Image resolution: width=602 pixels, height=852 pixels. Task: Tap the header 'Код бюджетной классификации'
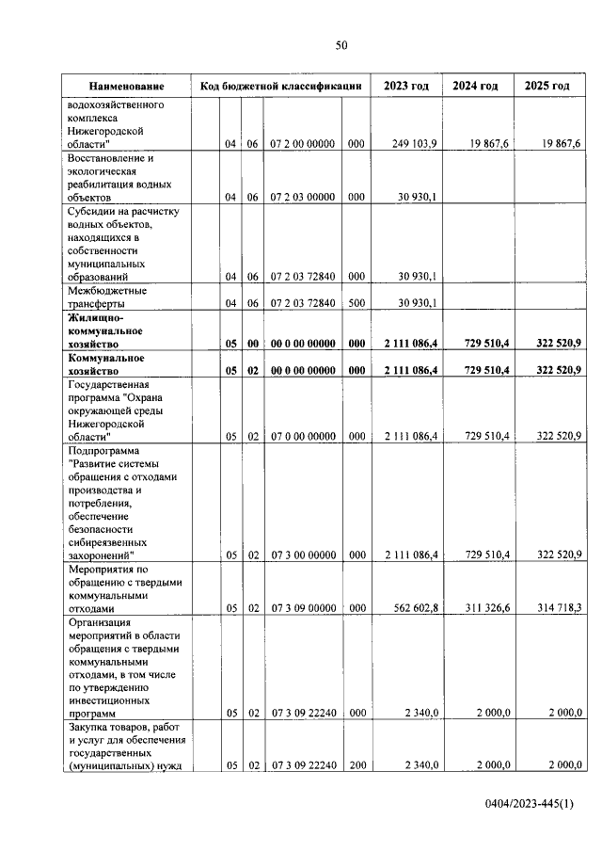[x=281, y=87]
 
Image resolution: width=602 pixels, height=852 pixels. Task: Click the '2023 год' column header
[x=406, y=87]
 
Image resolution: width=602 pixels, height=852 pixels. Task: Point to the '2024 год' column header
[x=475, y=87]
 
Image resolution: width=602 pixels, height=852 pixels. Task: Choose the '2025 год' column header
[x=547, y=87]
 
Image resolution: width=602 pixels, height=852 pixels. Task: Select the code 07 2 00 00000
[x=302, y=143]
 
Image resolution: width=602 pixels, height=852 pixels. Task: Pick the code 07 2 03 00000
[x=302, y=198]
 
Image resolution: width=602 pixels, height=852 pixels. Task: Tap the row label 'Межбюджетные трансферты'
[x=104, y=297]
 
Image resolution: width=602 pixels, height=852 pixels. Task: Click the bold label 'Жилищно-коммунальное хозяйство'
[x=105, y=332]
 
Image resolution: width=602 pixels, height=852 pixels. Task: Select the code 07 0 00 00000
[x=302, y=437]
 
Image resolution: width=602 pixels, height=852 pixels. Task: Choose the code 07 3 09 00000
[x=302, y=608]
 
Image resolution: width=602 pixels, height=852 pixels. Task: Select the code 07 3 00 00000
[x=302, y=555]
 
